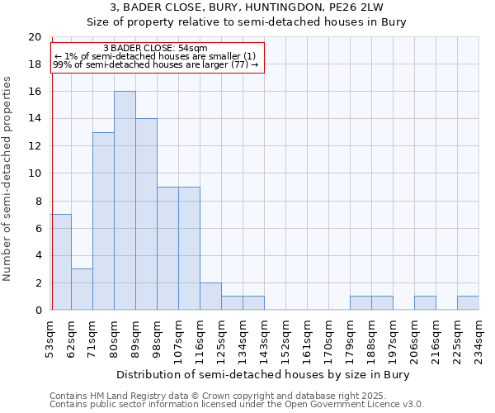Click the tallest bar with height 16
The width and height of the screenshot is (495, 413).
coord(125,201)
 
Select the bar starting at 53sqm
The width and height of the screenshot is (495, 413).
coord(61,262)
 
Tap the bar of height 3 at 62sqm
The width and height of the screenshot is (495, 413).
coord(82,289)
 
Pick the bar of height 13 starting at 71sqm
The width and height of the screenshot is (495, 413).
coord(103,221)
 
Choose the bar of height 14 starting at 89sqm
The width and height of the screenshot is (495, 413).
coord(146,214)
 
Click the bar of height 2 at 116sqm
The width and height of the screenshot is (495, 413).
coord(210,297)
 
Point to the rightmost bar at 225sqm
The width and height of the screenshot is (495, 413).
coord(468,303)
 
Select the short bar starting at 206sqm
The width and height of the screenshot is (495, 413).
coord(425,303)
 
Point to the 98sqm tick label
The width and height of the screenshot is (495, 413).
coord(157,336)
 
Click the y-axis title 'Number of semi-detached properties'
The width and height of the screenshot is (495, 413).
coord(8,178)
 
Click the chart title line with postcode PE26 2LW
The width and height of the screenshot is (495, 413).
coord(247,7)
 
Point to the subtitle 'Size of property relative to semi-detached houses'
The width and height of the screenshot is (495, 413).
coord(247,22)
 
